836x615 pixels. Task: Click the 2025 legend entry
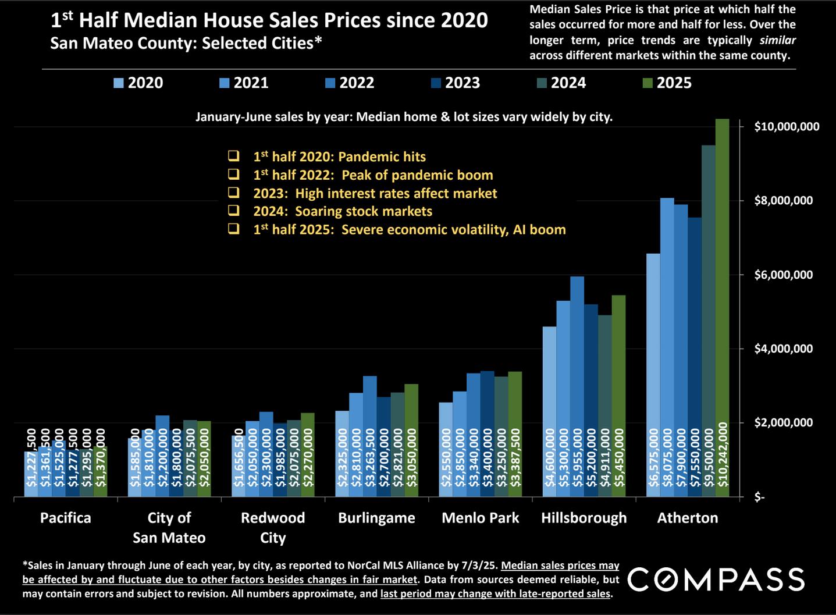click(x=667, y=83)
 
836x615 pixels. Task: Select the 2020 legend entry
click(x=138, y=83)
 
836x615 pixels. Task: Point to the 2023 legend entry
click(x=456, y=83)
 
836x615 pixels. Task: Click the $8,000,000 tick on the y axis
click(x=783, y=201)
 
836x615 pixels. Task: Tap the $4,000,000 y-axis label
click(x=783, y=349)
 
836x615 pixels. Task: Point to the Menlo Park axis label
click(x=480, y=518)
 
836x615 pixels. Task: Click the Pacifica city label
click(x=66, y=518)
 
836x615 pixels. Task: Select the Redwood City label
click(x=273, y=527)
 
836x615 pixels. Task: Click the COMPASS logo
click(x=716, y=580)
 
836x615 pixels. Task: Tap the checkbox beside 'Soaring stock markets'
click(x=234, y=211)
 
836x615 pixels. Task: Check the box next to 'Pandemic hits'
click(x=234, y=156)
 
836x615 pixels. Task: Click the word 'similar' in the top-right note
click(x=777, y=40)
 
